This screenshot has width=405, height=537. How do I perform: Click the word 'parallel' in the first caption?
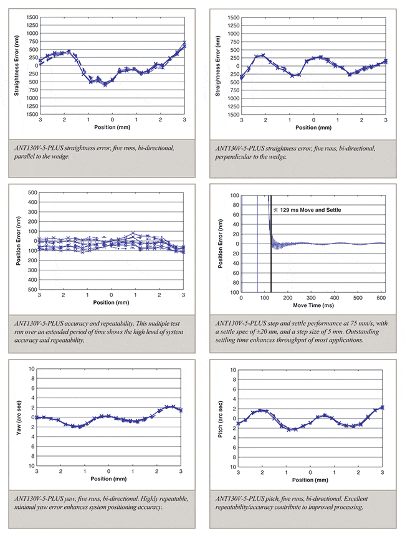[31, 157]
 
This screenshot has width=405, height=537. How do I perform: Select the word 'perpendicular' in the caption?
[236, 157]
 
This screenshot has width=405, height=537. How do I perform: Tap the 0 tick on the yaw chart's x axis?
[109, 472]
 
